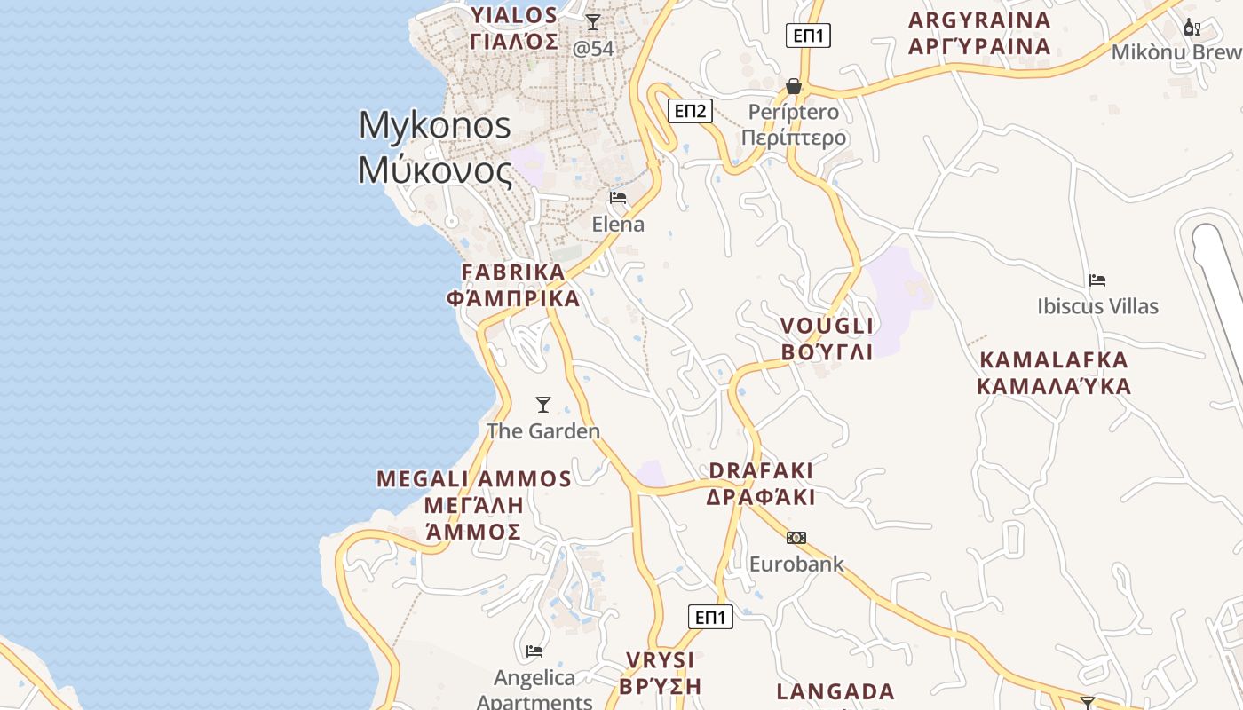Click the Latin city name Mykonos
(x=435, y=125)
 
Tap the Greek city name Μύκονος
(x=435, y=169)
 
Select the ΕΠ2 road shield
(x=690, y=111)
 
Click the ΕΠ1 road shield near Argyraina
(x=808, y=35)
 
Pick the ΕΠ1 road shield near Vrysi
(x=710, y=617)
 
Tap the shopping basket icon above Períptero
(x=794, y=86)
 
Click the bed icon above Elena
(x=618, y=197)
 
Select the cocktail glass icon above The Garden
(x=543, y=405)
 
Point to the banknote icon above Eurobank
(x=796, y=538)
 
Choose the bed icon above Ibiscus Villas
(x=1097, y=280)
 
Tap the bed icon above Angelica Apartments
(x=534, y=651)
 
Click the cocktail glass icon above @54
(x=593, y=21)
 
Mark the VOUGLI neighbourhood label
(x=827, y=326)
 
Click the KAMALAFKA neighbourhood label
(x=1053, y=360)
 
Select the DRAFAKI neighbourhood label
(x=761, y=470)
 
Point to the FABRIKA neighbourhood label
(x=513, y=272)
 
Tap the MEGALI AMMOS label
(x=474, y=479)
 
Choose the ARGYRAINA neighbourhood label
(x=979, y=20)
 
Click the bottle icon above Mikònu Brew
(x=1192, y=28)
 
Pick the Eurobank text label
(x=796, y=564)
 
